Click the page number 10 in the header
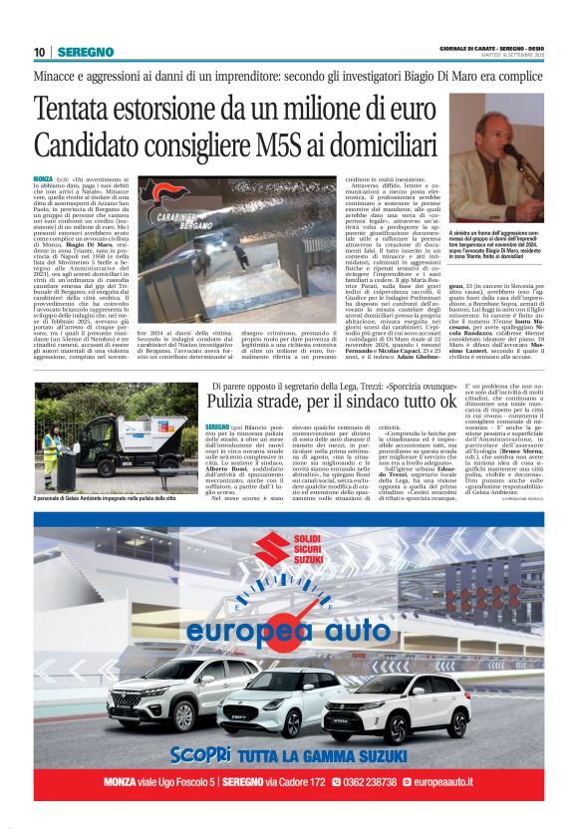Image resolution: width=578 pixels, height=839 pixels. pyautogui.click(x=39, y=52)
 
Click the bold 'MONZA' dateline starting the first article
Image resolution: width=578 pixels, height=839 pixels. pyautogui.click(x=45, y=176)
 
